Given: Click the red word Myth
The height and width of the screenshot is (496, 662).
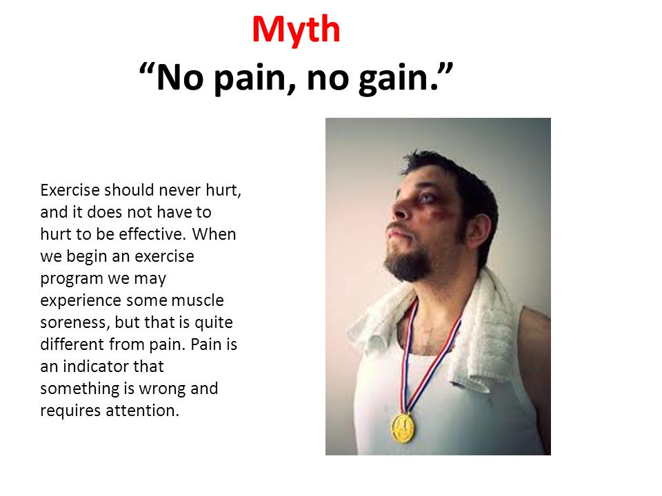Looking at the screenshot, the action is (x=296, y=30).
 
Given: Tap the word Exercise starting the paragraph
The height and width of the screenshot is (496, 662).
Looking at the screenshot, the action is (x=70, y=190).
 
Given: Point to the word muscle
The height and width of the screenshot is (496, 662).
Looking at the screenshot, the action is (x=198, y=300).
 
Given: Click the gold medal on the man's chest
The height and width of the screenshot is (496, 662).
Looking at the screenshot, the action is (x=403, y=428).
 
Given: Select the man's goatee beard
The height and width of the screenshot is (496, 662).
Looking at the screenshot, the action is (x=408, y=265).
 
